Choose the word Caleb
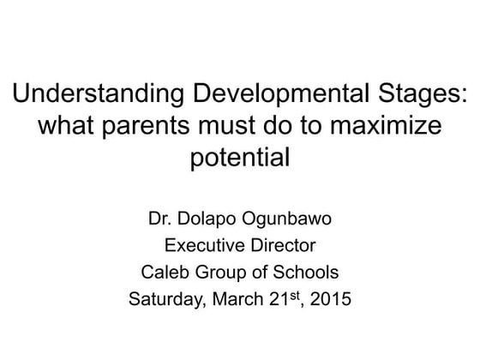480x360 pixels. point(162,274)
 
